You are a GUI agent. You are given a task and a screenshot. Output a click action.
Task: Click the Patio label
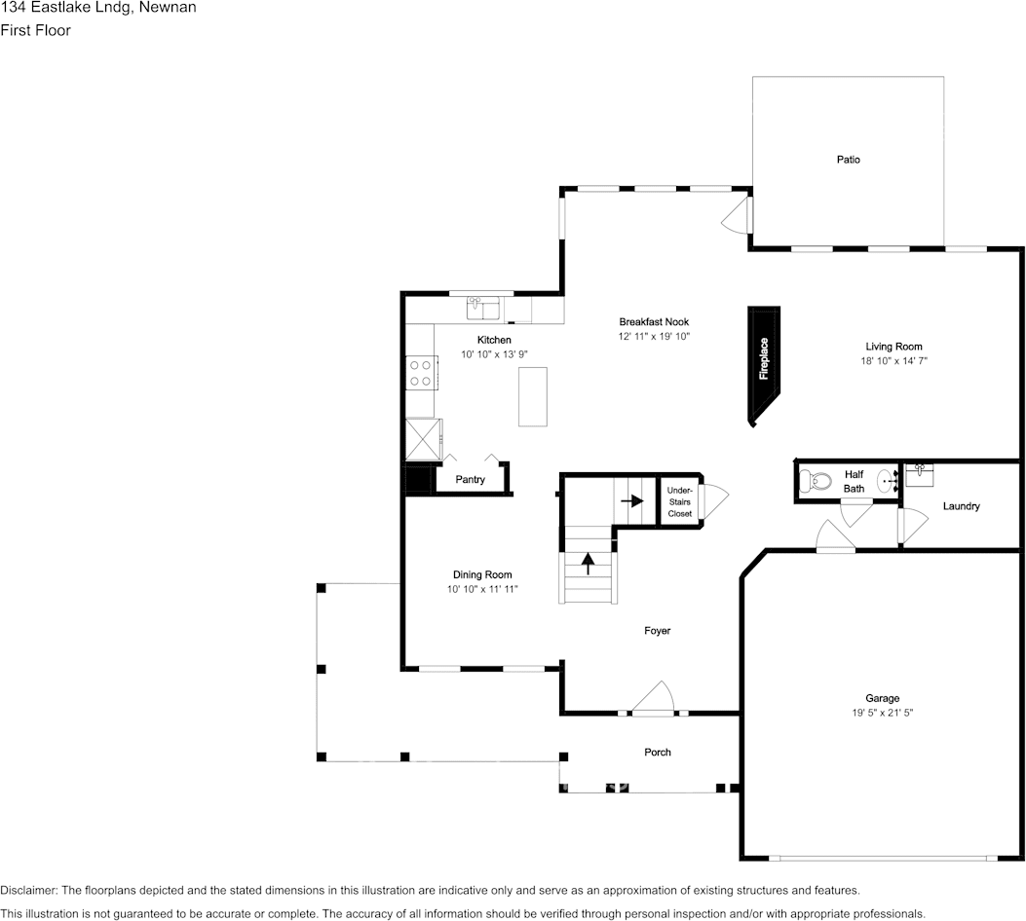click(x=848, y=160)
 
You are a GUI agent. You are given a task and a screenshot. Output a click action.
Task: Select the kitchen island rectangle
click(x=533, y=396)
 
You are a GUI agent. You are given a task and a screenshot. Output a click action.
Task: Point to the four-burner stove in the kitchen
click(x=421, y=373)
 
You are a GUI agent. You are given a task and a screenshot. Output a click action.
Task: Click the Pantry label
click(x=470, y=480)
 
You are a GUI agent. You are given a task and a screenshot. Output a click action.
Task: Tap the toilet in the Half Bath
click(x=812, y=480)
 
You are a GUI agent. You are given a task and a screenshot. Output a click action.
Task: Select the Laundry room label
click(x=961, y=506)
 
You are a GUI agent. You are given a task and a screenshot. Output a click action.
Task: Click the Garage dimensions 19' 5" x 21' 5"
click(x=882, y=713)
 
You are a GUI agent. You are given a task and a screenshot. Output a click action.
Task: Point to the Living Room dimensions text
click(x=893, y=361)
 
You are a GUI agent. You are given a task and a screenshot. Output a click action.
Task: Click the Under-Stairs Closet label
click(x=680, y=501)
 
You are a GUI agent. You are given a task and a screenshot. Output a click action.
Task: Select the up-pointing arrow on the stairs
click(x=589, y=564)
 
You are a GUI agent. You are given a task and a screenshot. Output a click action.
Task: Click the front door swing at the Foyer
click(x=654, y=698)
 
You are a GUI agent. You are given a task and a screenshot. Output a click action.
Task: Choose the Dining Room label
click(x=481, y=574)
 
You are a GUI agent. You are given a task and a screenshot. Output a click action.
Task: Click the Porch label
click(x=658, y=752)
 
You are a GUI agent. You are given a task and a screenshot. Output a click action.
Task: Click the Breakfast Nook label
click(x=654, y=322)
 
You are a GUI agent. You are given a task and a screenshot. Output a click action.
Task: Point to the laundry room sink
click(x=919, y=474)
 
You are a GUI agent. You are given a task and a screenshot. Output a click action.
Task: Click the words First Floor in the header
click(x=35, y=30)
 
